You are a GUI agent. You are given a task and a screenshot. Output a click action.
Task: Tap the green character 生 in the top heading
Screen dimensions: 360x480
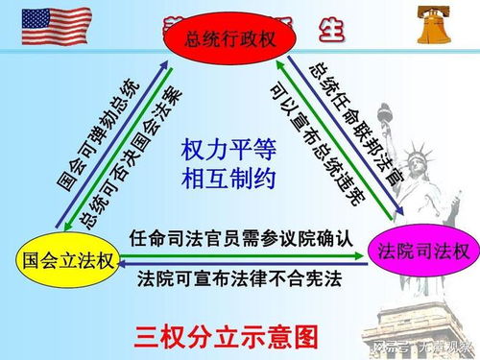(331, 28)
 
